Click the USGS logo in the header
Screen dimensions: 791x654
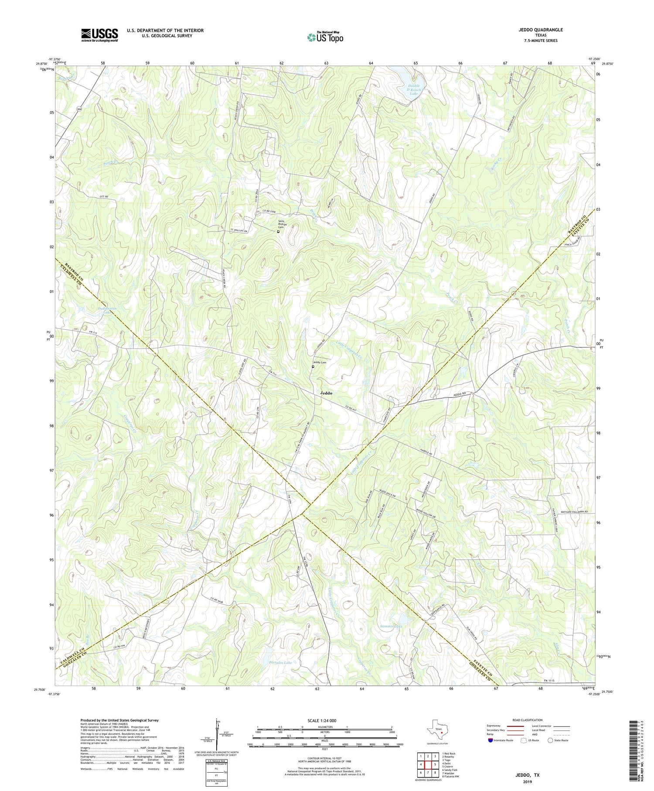(x=99, y=35)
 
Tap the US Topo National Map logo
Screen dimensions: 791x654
(x=325, y=37)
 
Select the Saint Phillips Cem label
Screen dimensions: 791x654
(x=281, y=225)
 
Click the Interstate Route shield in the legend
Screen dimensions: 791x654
(x=490, y=740)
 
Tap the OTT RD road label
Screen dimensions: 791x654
(x=103, y=197)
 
